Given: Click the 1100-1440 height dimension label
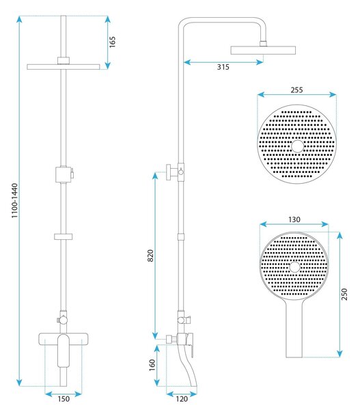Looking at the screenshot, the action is coord(14,201).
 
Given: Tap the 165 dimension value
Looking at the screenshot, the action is coord(112,42).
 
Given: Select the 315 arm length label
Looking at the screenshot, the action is coord(223,67).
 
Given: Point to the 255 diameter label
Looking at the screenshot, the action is coord(296,90).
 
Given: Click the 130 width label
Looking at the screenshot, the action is coord(294,219).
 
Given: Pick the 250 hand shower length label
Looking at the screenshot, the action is coord(344,294).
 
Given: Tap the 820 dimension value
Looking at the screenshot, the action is coord(150,256).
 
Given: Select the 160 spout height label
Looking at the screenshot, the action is coord(152,365).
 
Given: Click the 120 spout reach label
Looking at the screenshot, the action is coord(182,399).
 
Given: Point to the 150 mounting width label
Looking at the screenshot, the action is coord(64,399).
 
